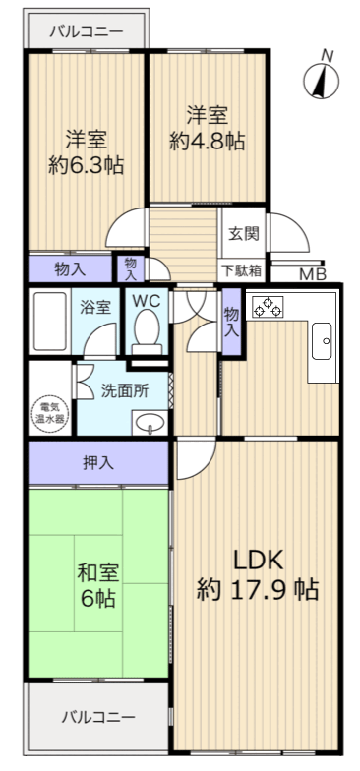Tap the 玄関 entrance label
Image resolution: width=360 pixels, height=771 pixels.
(x=243, y=234)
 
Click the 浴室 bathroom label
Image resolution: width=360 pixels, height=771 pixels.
(x=95, y=307)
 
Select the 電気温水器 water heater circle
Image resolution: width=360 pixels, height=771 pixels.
(x=49, y=412)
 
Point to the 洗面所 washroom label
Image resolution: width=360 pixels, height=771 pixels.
(x=125, y=389)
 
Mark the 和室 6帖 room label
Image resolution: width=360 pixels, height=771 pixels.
(x=96, y=585)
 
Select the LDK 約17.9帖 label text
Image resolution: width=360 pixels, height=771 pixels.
(x=257, y=574)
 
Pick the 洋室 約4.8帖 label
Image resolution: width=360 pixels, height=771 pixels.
(x=207, y=127)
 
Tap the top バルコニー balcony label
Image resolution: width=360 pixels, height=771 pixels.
(x=87, y=30)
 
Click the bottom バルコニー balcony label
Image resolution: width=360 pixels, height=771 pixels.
(x=96, y=716)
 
